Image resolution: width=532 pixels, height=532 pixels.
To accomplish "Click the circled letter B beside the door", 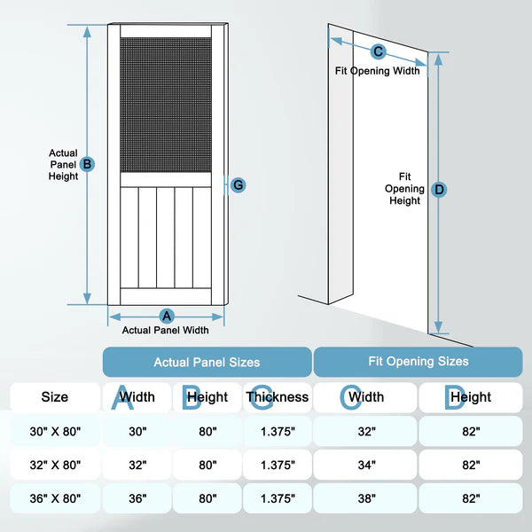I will click(x=87, y=164).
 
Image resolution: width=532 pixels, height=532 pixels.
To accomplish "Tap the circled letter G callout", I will click(x=237, y=184).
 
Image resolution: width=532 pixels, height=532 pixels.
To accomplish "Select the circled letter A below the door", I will click(x=166, y=317).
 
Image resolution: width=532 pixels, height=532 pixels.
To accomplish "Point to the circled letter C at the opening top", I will click(x=378, y=52).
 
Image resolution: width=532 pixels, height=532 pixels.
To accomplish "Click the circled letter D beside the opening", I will click(x=439, y=189).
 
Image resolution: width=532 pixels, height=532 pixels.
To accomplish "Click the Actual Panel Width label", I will click(x=166, y=331).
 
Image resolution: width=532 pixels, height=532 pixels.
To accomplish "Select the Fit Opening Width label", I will click(x=377, y=71).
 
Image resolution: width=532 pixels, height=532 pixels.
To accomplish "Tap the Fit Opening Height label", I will click(x=404, y=189).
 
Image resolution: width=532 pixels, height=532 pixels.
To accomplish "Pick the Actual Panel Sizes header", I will click(x=207, y=362).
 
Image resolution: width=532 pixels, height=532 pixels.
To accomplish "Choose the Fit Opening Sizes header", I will click(x=418, y=362).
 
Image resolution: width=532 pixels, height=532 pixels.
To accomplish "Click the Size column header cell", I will click(x=54, y=397).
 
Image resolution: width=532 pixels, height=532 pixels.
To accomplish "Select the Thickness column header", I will click(x=278, y=397).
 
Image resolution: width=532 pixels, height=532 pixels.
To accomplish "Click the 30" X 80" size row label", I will click(x=54, y=432).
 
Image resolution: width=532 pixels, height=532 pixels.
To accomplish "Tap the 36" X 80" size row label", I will click(x=54, y=498).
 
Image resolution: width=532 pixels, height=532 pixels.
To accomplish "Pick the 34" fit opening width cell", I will click(x=366, y=465).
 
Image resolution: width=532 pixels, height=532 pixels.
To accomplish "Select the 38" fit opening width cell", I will click(x=366, y=498).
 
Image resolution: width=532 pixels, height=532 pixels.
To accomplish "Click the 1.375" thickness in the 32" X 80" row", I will click(x=278, y=465).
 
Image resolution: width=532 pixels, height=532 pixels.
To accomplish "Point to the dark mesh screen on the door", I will click(x=166, y=105).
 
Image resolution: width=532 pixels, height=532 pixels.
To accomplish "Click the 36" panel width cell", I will click(x=137, y=498).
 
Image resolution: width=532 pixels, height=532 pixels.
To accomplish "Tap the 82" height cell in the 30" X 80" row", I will click(x=470, y=432).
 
